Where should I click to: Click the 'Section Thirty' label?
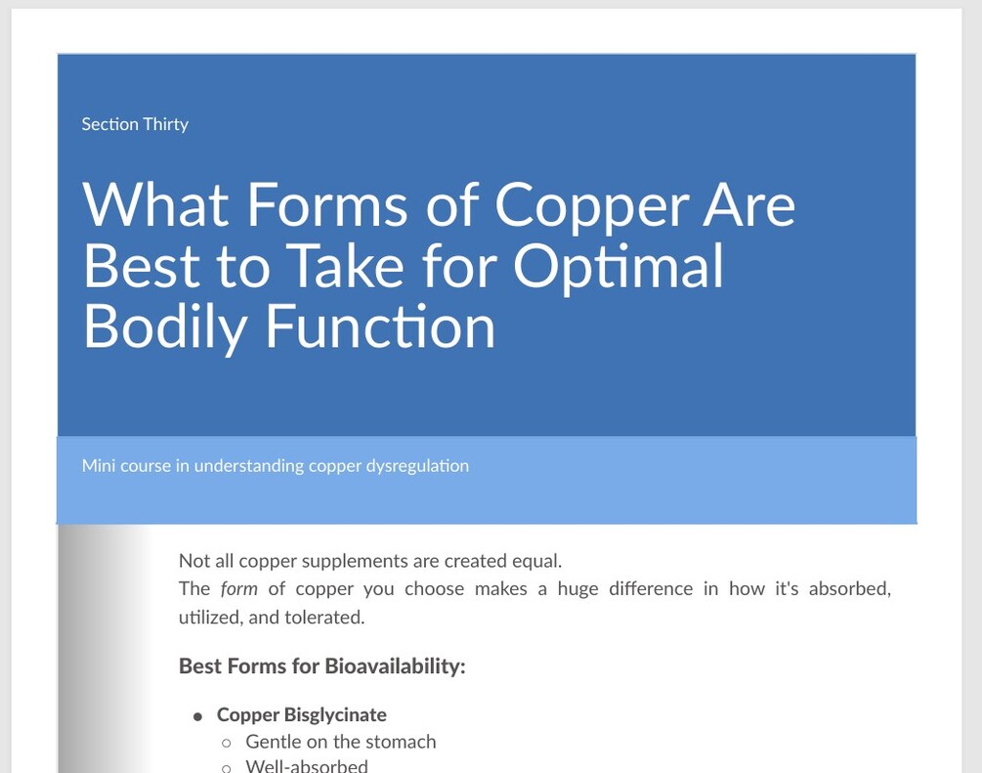point(135,124)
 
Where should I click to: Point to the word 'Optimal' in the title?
point(619,265)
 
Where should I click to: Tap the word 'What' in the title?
point(156,204)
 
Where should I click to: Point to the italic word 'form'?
point(238,589)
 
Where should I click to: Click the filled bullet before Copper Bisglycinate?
point(198,716)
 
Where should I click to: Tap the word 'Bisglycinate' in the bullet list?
point(335,715)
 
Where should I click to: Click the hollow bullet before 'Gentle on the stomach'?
point(227,743)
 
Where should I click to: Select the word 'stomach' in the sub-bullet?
point(402,742)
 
